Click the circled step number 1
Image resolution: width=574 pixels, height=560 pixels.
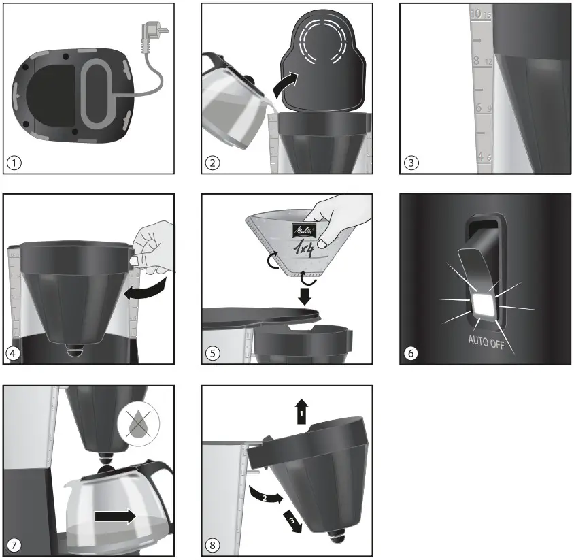coord(14,163)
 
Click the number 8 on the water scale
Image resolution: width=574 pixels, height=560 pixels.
coord(477,61)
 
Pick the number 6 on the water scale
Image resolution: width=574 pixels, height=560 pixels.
coord(479,108)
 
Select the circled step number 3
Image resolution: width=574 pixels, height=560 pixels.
coord(410,163)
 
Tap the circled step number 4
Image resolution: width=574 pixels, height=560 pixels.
coord(14,354)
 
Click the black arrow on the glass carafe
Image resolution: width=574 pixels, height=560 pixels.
coord(116,517)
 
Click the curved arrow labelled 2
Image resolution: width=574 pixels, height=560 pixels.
coord(265,494)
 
